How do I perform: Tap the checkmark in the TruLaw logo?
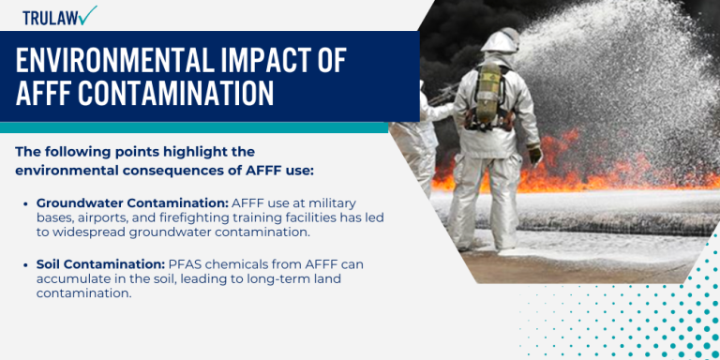88,15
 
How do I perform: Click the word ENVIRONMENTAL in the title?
115,62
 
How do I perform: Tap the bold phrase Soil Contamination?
99,265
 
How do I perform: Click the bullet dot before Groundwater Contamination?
25,203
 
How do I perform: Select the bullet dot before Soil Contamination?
25,265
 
